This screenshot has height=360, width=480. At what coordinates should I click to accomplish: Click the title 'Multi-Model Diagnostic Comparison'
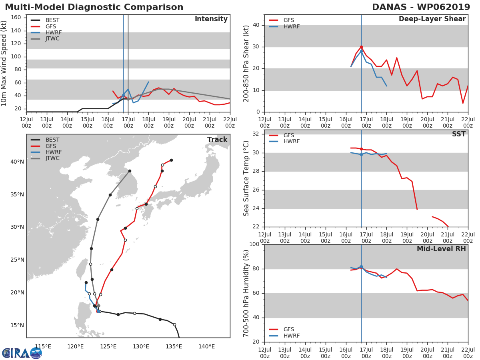pos(94,7)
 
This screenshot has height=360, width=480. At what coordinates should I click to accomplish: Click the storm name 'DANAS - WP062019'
pos(421,7)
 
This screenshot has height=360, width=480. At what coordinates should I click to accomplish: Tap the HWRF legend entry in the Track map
pos(53,152)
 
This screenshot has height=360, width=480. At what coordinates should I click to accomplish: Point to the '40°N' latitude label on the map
pos(17,162)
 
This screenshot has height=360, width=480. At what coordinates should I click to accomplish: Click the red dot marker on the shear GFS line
pos(361,47)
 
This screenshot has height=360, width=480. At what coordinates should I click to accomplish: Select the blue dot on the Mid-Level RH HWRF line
pos(361,267)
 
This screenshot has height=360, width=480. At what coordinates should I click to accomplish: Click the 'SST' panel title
pos(458,134)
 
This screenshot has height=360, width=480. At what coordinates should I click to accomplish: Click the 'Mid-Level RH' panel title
pos(441,249)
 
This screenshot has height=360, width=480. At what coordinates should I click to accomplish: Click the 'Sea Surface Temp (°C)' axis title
pos(246,178)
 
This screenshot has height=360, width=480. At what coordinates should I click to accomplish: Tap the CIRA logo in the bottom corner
pos(22,353)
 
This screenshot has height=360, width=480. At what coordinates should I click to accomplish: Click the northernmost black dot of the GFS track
pos(171,160)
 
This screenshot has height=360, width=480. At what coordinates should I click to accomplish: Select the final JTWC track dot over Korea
pos(130,171)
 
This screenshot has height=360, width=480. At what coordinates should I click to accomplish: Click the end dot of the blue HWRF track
pos(86,282)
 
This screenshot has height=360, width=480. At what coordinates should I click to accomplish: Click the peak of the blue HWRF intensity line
pos(148,82)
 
